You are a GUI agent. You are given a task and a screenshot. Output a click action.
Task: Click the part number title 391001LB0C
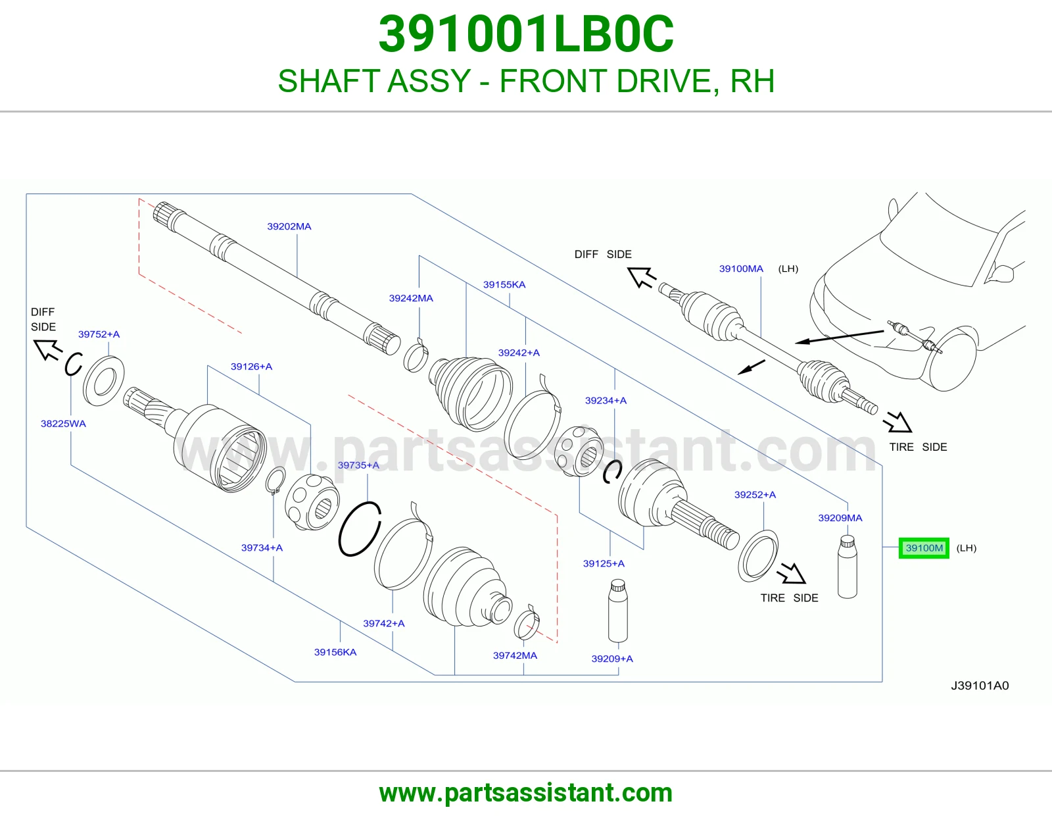(526, 34)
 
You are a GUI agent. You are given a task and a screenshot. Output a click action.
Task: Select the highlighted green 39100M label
(924, 548)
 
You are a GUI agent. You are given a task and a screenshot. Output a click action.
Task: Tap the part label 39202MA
(289, 226)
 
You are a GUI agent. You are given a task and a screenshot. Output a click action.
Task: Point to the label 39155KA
(504, 284)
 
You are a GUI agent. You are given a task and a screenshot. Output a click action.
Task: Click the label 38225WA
(63, 424)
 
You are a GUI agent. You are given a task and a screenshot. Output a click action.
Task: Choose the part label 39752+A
(99, 334)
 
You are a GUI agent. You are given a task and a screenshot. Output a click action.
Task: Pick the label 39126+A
(251, 367)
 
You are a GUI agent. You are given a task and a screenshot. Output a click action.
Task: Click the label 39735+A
(358, 465)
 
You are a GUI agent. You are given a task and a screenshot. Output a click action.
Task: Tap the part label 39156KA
(335, 652)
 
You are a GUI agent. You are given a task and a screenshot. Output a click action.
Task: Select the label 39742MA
(515, 655)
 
